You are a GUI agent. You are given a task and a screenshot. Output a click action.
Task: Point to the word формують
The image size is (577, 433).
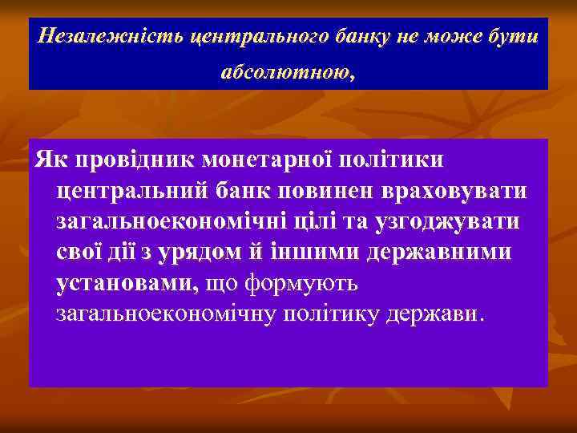304,282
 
